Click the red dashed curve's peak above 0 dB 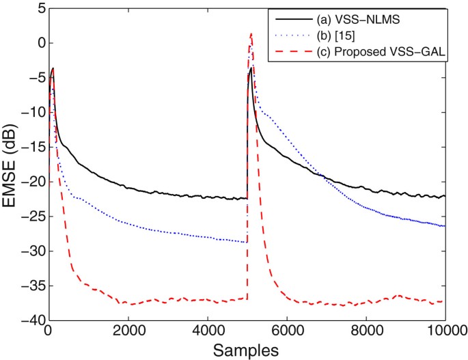251,33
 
